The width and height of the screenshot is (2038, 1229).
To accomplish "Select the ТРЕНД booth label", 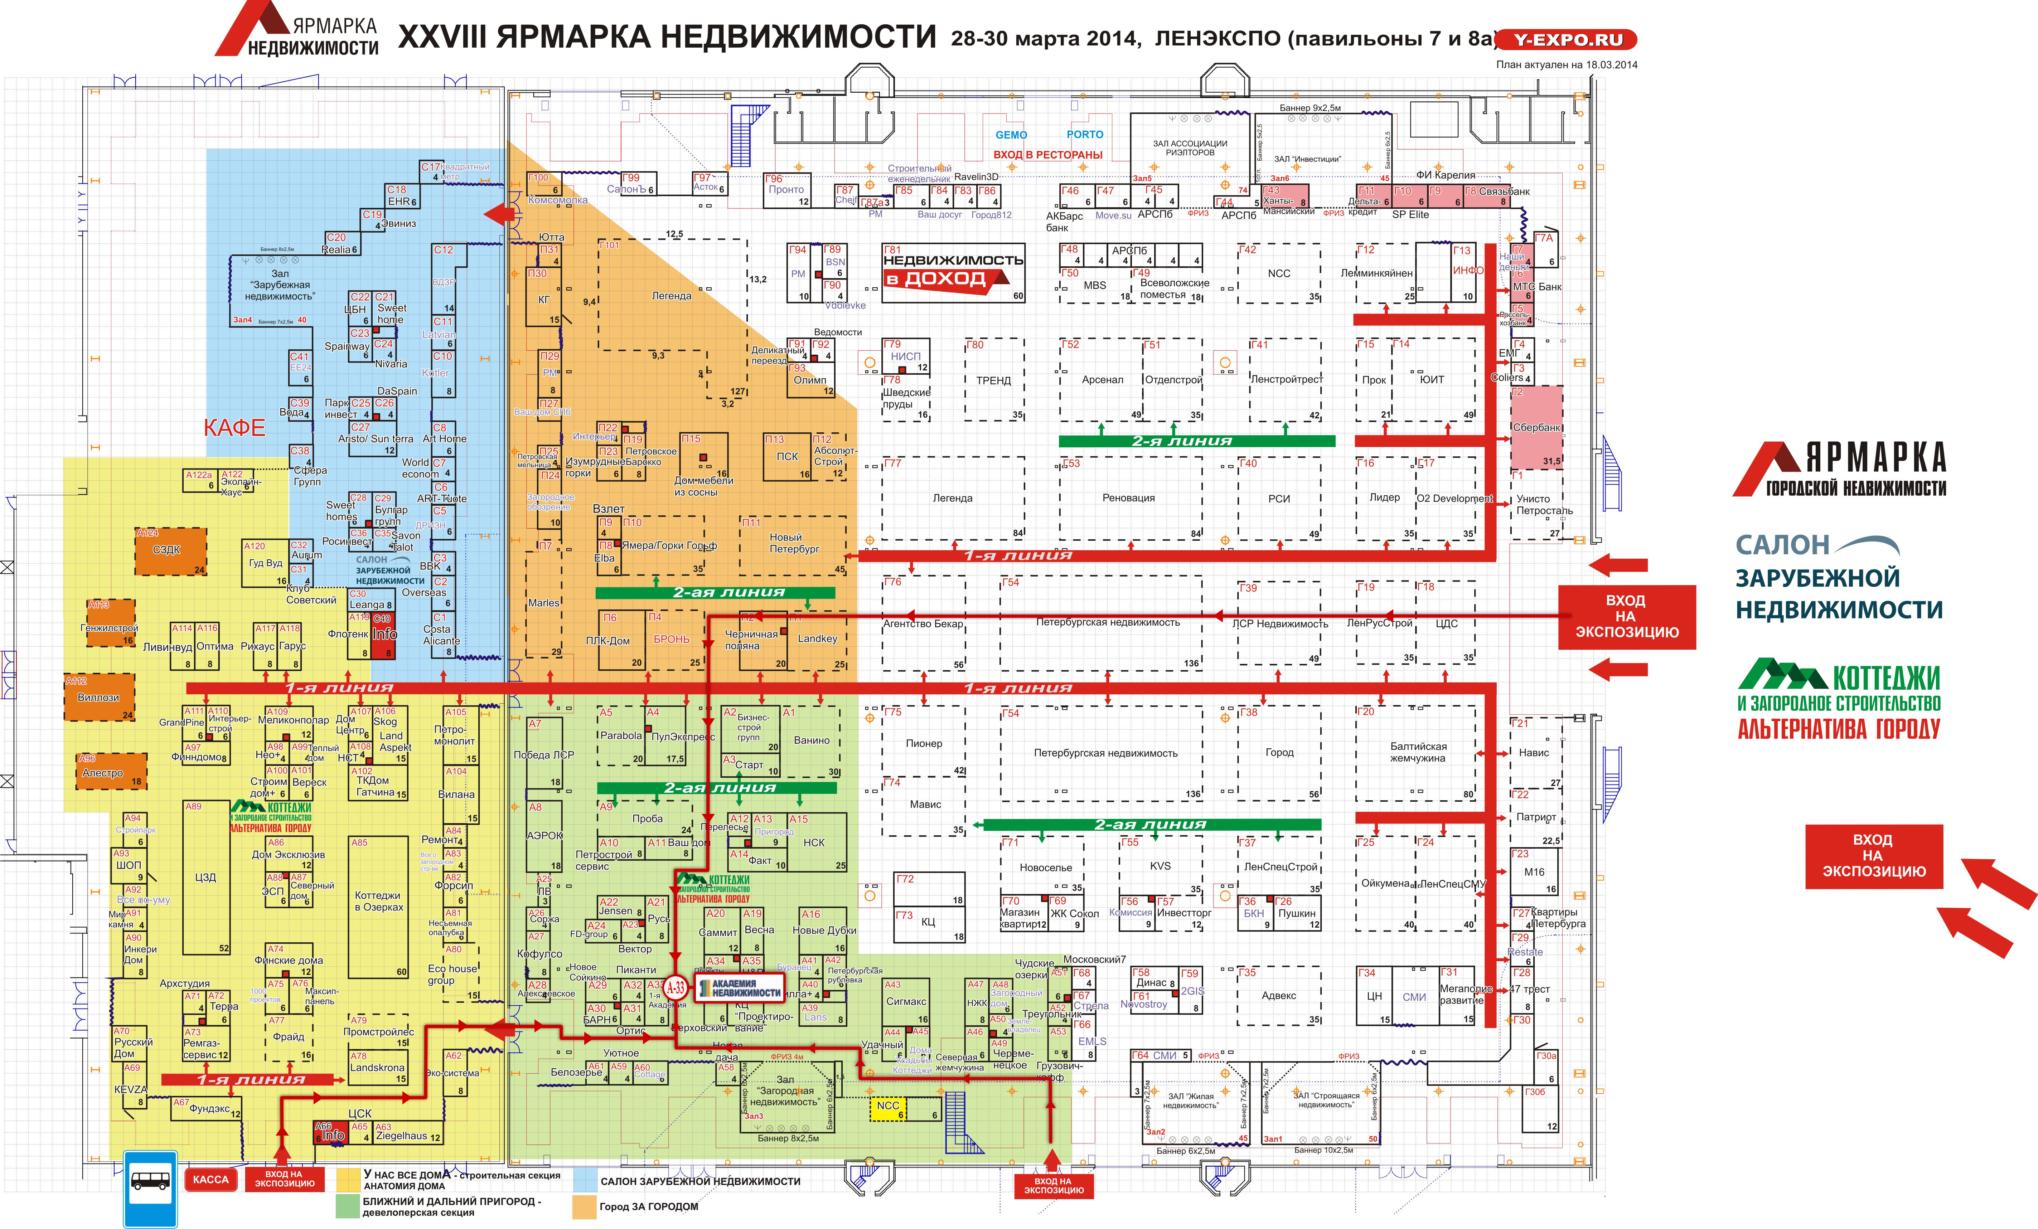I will point(993,380).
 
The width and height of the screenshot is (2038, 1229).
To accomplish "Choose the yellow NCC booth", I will point(888,1108).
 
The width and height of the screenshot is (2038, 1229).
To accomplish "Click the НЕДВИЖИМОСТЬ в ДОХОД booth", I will point(953,271).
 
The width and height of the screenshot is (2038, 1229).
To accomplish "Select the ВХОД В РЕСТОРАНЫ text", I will point(1048,155).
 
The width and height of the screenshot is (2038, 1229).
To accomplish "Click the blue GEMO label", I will point(1011,135).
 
